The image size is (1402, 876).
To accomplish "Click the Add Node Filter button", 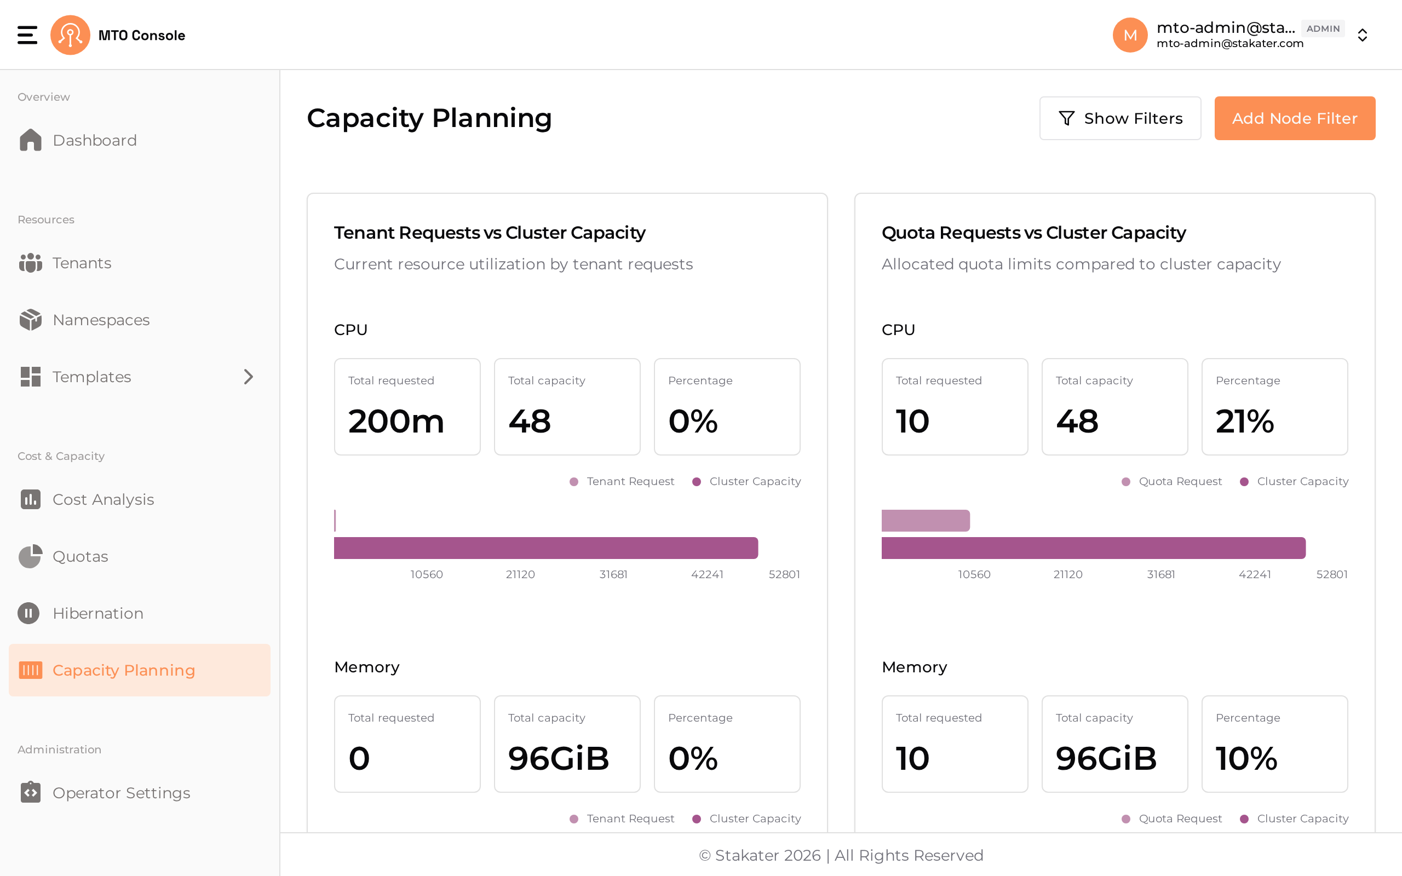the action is click(x=1294, y=118).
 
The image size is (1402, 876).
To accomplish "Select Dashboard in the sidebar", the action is click(x=78, y=140).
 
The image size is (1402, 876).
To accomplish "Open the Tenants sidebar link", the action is click(x=65, y=263).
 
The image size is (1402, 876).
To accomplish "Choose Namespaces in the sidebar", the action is click(x=84, y=320).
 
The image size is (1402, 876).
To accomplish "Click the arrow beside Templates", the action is click(x=249, y=377).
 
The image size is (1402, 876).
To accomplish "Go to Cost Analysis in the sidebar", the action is click(x=87, y=499).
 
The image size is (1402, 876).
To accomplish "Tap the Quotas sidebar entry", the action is click(x=63, y=556).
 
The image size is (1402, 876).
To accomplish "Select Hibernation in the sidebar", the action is click(x=81, y=613).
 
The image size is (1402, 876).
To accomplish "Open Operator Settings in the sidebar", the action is click(x=104, y=793).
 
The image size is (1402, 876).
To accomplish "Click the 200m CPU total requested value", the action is click(x=397, y=421).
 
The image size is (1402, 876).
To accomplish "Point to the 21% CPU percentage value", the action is click(x=1244, y=421).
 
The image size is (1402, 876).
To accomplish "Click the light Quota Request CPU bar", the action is click(x=926, y=520).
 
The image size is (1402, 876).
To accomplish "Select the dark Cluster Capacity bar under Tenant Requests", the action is click(x=545, y=548).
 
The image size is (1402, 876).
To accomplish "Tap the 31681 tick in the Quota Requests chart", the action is click(x=1161, y=574).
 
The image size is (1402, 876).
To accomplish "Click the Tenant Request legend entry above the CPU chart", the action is click(x=622, y=481).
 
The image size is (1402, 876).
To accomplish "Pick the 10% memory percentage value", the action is click(x=1246, y=758).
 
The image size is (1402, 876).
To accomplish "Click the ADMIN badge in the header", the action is click(x=1323, y=28).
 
